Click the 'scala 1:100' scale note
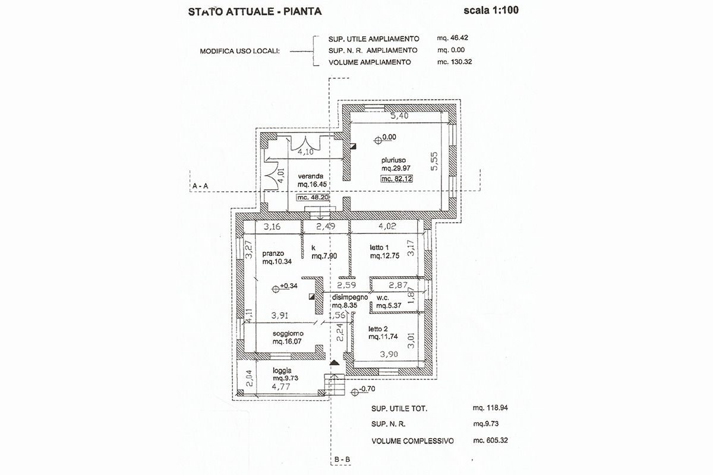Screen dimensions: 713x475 (491, 11)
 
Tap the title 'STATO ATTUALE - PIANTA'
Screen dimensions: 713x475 (255, 12)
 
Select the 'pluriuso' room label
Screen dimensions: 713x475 (394, 160)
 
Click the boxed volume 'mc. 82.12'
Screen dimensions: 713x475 (397, 179)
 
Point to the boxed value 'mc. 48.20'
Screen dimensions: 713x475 (313, 198)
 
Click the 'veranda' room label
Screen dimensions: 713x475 (311, 176)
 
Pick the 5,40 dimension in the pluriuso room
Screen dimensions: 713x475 (399, 116)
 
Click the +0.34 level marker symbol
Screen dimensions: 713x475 (276, 289)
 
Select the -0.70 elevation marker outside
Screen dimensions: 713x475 (355, 392)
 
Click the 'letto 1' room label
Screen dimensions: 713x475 (379, 248)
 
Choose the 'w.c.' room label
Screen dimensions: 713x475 (383, 298)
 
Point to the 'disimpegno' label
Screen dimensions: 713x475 (350, 297)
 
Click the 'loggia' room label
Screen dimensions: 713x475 (282, 370)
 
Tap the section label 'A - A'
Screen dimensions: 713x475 (200, 186)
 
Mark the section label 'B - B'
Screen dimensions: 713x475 (342, 460)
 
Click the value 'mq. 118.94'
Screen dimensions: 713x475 (490, 408)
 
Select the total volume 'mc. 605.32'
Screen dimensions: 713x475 (491, 441)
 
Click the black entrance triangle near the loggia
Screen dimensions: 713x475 (334, 362)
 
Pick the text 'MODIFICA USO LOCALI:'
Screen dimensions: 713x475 (239, 51)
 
